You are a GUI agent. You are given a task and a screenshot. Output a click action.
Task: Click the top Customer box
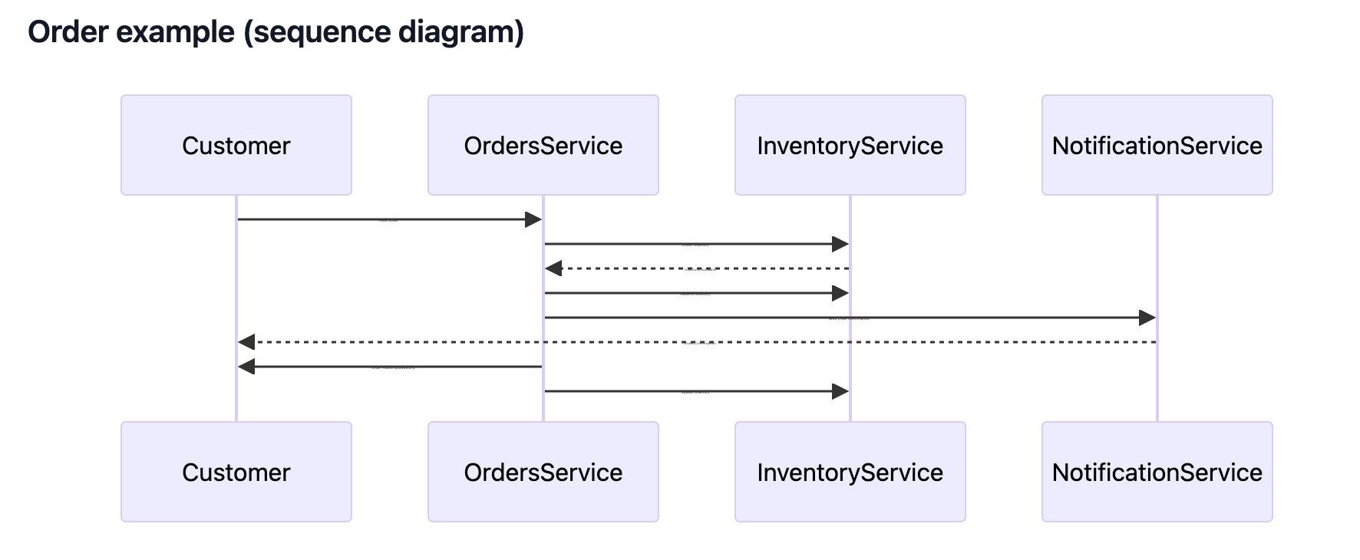click(x=236, y=145)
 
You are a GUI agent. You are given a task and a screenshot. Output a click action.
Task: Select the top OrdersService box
click(x=543, y=145)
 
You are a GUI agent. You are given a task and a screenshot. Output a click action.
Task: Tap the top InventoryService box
click(x=850, y=145)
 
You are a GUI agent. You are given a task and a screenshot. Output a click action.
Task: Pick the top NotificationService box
click(x=1157, y=145)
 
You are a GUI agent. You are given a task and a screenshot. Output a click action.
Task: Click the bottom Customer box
click(x=236, y=472)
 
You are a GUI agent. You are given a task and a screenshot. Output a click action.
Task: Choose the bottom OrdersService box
click(x=543, y=472)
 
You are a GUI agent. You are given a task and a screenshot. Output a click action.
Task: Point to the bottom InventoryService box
click(x=850, y=472)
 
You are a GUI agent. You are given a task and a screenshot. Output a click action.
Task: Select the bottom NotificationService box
click(x=1157, y=472)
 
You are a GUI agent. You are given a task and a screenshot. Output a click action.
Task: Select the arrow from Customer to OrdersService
click(x=384, y=219)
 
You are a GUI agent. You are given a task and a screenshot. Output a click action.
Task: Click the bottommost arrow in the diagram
click(x=691, y=391)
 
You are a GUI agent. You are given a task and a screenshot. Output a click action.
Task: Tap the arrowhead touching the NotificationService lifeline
click(x=1147, y=318)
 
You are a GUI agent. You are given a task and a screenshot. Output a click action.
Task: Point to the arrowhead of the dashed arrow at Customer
click(x=246, y=342)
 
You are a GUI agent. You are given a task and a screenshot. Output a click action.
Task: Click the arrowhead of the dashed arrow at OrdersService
click(x=553, y=268)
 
